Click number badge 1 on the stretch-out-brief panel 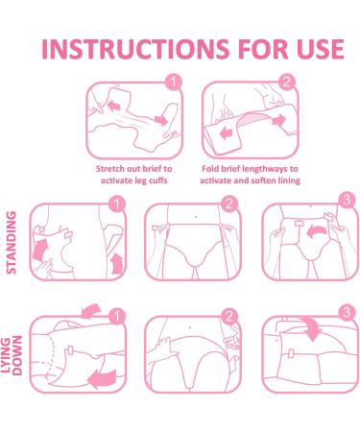tap(173, 84)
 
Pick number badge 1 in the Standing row tap(116, 203)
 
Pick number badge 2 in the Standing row tap(228, 203)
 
